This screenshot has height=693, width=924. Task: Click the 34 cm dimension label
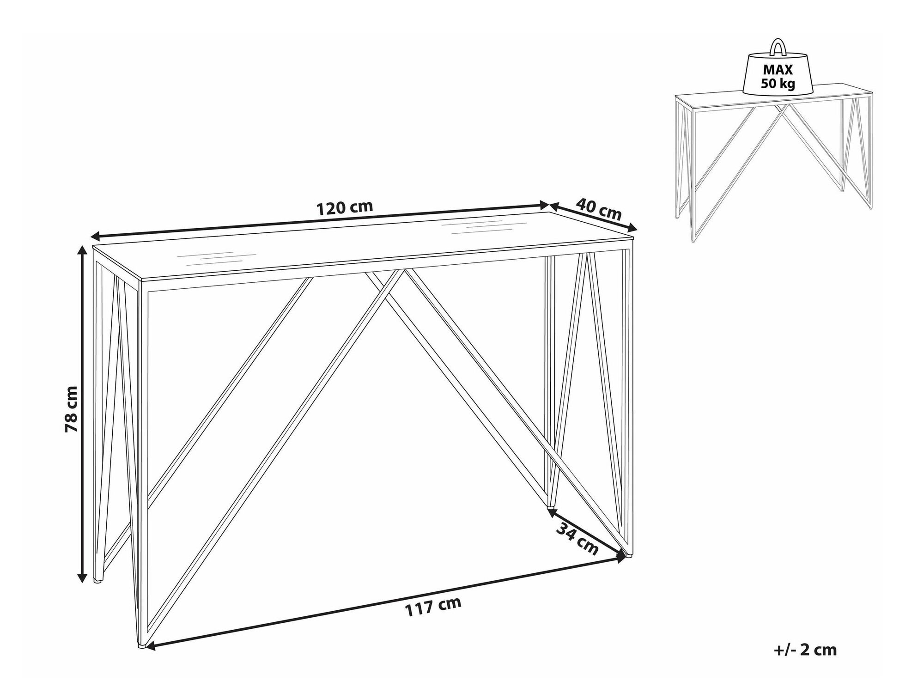click(x=577, y=539)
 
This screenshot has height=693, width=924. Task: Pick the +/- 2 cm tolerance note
click(x=805, y=650)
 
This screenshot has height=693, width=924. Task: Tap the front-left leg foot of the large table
click(x=140, y=645)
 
